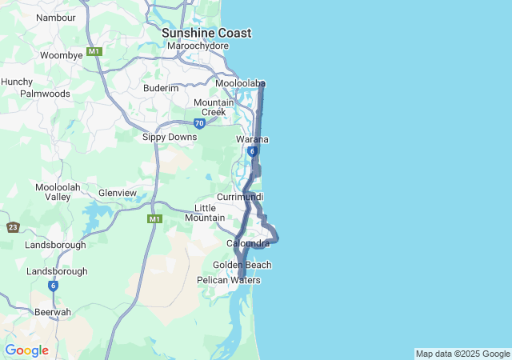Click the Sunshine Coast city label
tap(206, 33)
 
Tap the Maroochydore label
tap(198, 46)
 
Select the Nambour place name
tap(56, 17)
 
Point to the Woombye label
tap(62, 55)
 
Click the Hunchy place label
tap(17, 82)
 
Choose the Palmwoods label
tap(45, 94)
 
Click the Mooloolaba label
tap(240, 82)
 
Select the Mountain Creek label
tap(214, 107)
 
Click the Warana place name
tap(252, 139)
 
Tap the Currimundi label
tap(240, 197)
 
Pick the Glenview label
tap(118, 193)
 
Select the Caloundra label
tap(248, 243)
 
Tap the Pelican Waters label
tap(228, 280)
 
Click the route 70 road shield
tap(199, 123)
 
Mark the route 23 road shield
tap(13, 227)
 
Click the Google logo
tap(26, 350)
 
